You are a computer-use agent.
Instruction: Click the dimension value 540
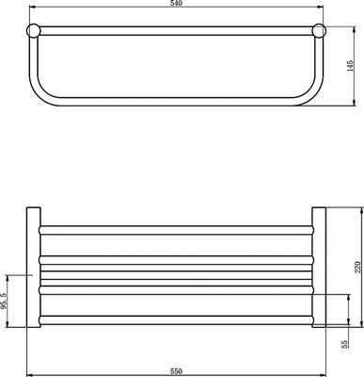(x=175, y=5)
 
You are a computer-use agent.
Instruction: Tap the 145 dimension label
(x=349, y=68)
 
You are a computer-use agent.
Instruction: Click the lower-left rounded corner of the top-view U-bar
(x=42, y=98)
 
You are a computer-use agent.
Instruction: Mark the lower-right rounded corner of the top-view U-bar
(x=312, y=98)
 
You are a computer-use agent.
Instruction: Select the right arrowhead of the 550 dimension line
(x=324, y=361)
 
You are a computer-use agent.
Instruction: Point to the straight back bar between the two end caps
(x=177, y=30)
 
